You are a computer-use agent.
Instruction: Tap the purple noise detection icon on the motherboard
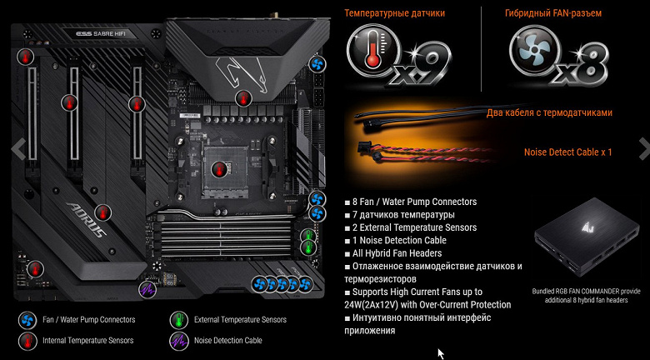click(x=147, y=289)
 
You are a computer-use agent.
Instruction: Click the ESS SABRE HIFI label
click(x=101, y=34)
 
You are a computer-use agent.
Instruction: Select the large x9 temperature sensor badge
click(x=398, y=56)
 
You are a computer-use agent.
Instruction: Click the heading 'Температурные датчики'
click(x=395, y=13)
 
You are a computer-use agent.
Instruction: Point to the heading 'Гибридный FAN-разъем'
click(x=553, y=13)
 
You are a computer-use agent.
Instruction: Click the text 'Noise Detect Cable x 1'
click(x=568, y=152)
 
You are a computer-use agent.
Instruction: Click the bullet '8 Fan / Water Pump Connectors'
click(x=410, y=202)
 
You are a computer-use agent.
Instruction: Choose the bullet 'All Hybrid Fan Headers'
click(x=393, y=253)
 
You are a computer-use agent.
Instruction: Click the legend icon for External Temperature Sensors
click(x=179, y=320)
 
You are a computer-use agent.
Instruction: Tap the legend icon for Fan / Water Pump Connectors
click(x=27, y=320)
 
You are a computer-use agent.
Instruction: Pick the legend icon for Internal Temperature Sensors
click(x=27, y=341)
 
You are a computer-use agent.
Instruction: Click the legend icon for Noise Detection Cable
click(x=179, y=341)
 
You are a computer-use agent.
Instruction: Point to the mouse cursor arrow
click(x=440, y=353)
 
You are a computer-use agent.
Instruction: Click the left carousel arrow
click(x=19, y=148)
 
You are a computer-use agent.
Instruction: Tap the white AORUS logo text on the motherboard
click(x=85, y=219)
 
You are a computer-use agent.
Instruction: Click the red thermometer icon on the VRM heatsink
click(x=243, y=98)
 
